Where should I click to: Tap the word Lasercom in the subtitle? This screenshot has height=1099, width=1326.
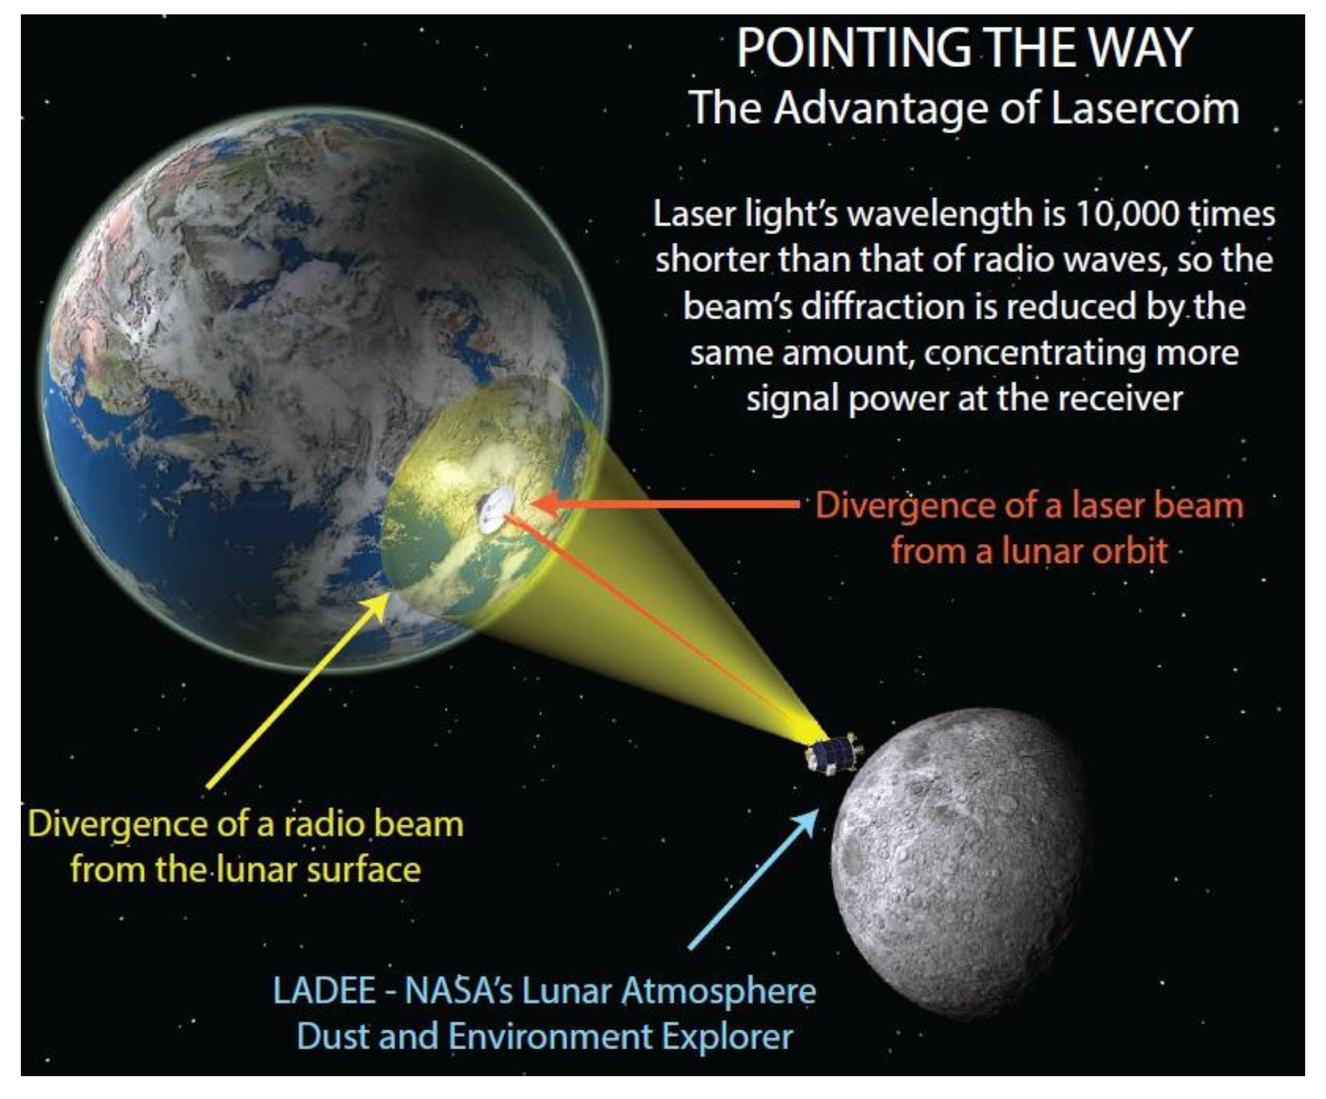(x=1145, y=108)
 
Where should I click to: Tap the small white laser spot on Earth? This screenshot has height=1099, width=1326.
(x=494, y=509)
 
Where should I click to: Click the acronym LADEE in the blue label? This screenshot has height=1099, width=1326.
(x=324, y=990)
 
